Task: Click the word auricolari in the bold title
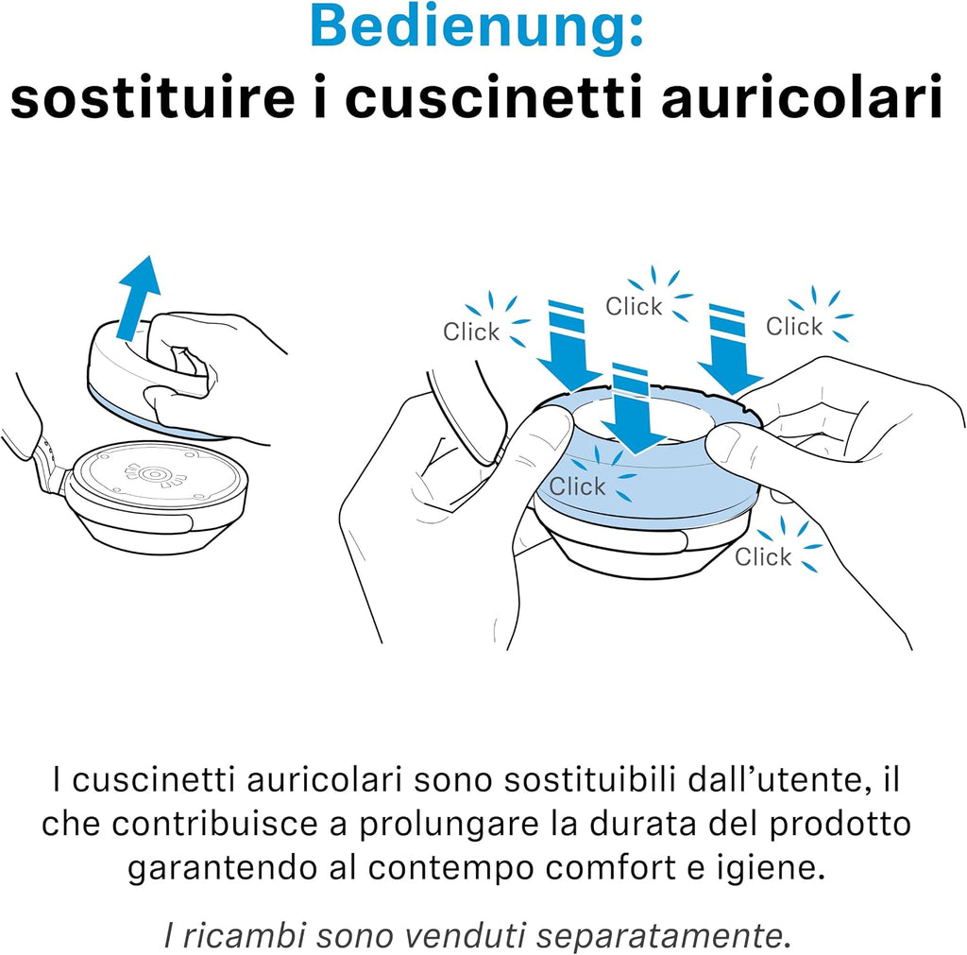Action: click(x=802, y=97)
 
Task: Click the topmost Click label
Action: click(x=634, y=306)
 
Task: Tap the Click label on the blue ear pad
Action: click(x=577, y=486)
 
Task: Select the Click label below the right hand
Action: click(x=763, y=556)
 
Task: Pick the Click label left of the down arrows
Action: click(x=471, y=332)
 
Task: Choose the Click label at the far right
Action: click(x=794, y=326)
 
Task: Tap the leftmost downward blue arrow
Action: click(x=568, y=346)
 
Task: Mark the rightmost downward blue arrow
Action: click(x=730, y=349)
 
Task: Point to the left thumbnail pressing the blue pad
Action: click(x=549, y=427)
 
